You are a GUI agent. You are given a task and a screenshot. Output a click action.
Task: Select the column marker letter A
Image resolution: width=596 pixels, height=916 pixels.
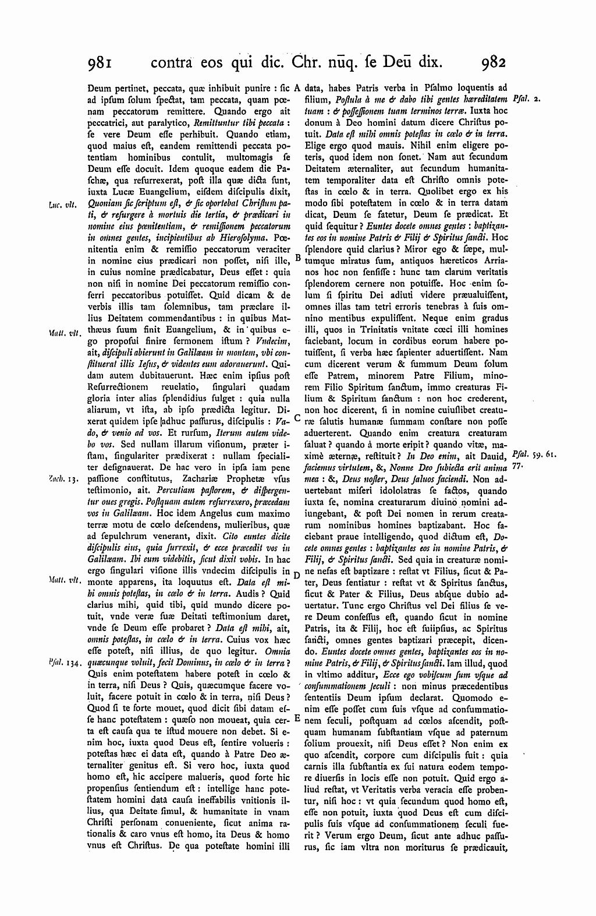[x=297, y=89]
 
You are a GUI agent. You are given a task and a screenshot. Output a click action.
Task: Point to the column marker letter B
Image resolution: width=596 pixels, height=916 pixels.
[x=297, y=258]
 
